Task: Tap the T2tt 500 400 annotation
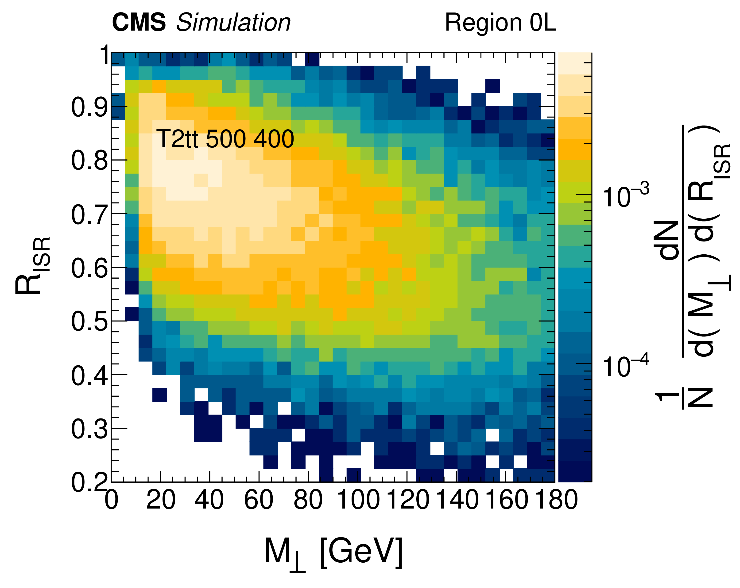[225, 139]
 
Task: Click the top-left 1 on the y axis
[104, 55]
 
